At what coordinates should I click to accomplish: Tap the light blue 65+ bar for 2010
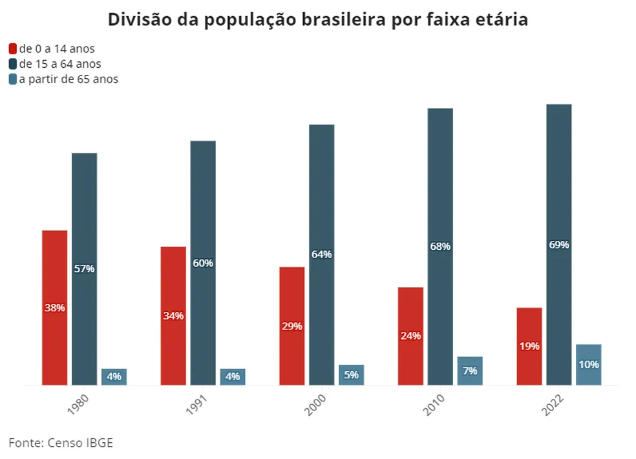click(x=470, y=371)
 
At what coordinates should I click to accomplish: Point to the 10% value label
click(x=589, y=364)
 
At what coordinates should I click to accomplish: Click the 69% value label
click(x=559, y=245)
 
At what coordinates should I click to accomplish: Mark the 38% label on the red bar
click(x=55, y=308)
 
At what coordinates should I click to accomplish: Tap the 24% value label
click(x=410, y=336)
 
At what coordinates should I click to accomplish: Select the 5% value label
click(x=352, y=374)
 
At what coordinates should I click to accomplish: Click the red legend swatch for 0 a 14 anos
click(x=13, y=49)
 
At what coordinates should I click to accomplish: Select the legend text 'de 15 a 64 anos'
click(x=60, y=64)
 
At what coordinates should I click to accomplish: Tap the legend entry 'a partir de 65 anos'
click(x=69, y=79)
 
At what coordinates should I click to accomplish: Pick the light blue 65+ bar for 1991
click(x=233, y=377)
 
